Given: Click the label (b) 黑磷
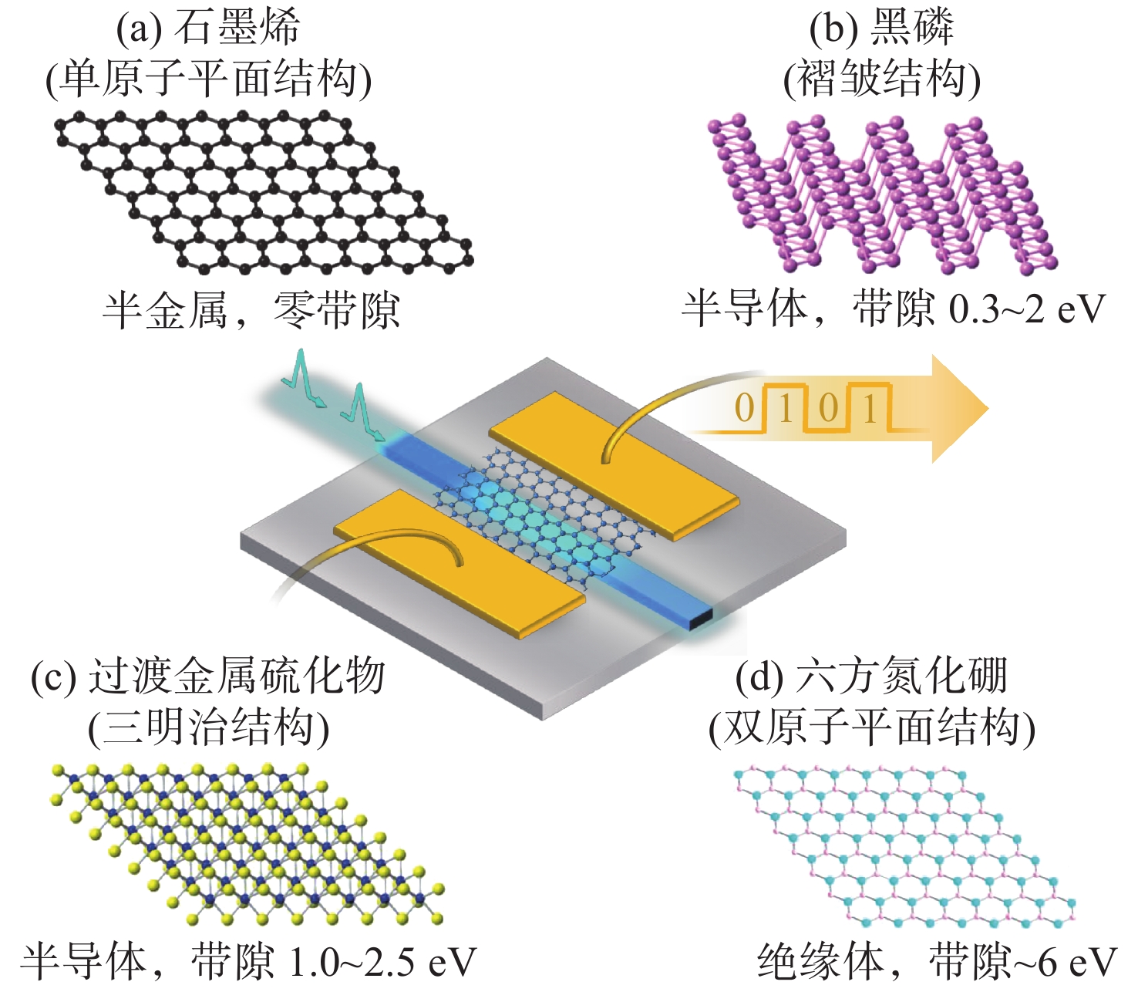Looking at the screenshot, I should pyautogui.click(x=881, y=28).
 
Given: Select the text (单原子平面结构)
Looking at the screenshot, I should pyautogui.click(x=208, y=79).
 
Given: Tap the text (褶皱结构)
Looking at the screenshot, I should pyautogui.click(x=881, y=79).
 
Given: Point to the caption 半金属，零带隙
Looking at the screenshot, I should pyautogui.click(x=251, y=311).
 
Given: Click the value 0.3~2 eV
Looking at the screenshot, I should pyautogui.click(x=1027, y=309).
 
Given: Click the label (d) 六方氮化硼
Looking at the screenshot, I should pyautogui.click(x=871, y=677).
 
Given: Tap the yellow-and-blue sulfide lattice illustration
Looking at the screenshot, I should pyautogui.click(x=247, y=845).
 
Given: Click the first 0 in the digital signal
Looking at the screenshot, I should pyautogui.click(x=744, y=409).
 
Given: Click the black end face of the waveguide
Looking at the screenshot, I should pyautogui.click(x=700, y=618).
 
